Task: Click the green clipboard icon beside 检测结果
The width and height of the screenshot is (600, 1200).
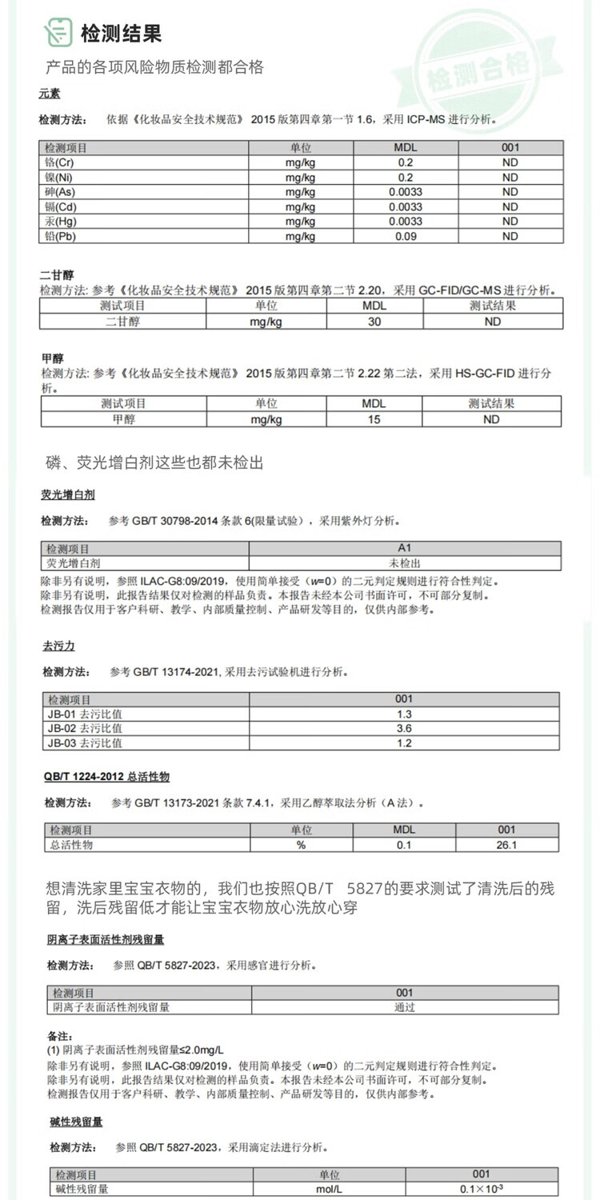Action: coord(58,32)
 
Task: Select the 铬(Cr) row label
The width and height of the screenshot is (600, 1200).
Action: coord(59,162)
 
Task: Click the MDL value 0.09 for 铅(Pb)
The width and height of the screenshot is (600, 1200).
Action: coord(406,237)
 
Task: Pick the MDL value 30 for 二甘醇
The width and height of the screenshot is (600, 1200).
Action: coord(374,322)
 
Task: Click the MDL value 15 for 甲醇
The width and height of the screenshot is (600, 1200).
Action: coord(374,419)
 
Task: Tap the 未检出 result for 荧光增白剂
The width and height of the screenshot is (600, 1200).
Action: coord(404,563)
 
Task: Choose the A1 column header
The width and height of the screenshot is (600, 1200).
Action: coord(404,549)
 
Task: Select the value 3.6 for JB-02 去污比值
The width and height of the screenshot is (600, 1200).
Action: coord(404,729)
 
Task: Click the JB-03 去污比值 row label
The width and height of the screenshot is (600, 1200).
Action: coord(85,743)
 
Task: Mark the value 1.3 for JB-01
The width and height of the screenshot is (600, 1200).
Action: coord(404,714)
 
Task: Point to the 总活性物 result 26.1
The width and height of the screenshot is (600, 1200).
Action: coord(506,845)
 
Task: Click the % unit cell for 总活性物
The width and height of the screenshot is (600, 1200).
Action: coord(301,845)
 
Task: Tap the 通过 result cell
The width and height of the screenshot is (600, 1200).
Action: coord(404,1007)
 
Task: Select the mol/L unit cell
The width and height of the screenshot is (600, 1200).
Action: coord(329,1190)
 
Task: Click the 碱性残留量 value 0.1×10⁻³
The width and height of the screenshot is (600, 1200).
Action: coord(481,1190)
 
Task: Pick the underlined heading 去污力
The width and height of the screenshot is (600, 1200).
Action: coord(58,646)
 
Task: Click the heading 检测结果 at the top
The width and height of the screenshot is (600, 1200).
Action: coord(121,33)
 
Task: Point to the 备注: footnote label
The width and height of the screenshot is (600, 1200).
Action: coord(61,1036)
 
